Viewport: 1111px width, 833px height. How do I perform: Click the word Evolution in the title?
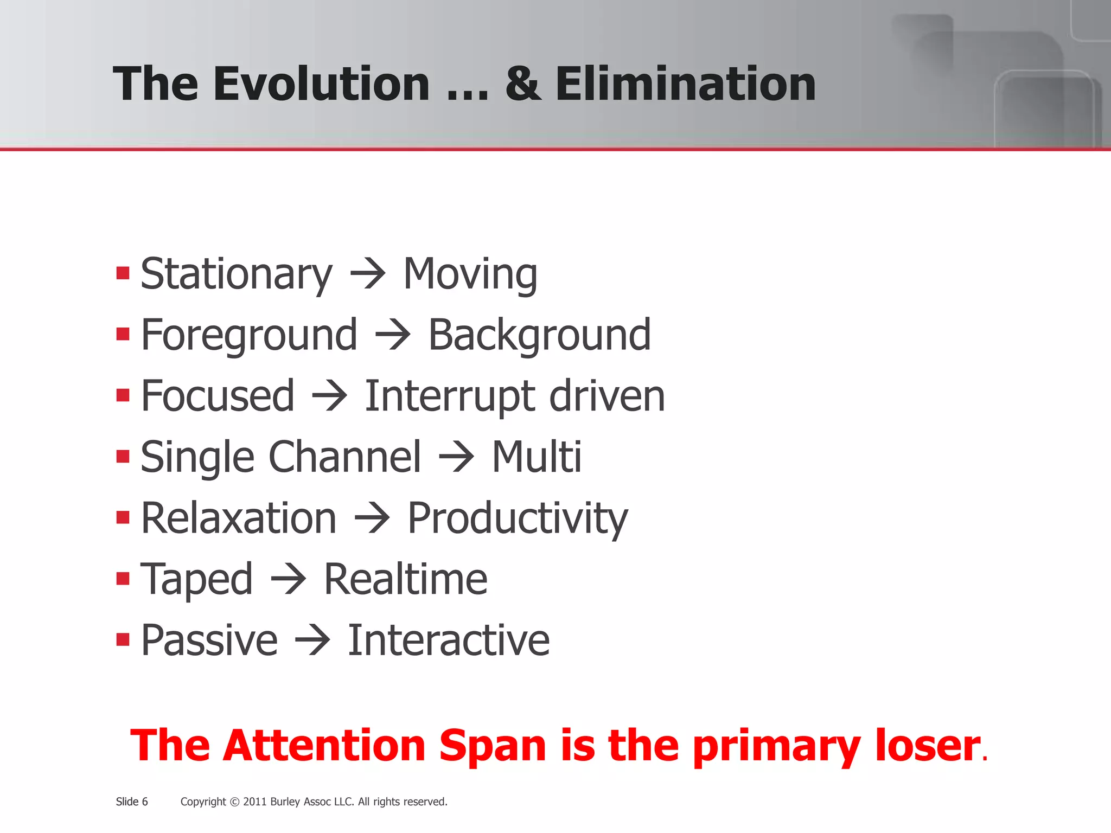(321, 84)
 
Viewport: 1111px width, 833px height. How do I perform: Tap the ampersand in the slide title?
(523, 84)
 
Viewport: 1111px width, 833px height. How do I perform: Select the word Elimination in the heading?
(685, 84)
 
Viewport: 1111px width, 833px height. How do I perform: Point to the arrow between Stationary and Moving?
(368, 274)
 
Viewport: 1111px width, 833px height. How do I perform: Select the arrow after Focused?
(329, 396)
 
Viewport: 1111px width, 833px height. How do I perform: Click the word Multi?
(536, 457)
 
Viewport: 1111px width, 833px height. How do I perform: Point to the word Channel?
(344, 457)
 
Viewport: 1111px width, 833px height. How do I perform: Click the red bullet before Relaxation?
(123, 517)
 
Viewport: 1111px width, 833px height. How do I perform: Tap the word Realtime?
(405, 579)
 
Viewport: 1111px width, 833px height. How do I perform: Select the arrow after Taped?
(288, 579)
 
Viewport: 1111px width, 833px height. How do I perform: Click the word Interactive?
(448, 640)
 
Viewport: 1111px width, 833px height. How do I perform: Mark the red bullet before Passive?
(123, 640)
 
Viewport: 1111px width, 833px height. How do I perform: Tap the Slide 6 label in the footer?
(132, 802)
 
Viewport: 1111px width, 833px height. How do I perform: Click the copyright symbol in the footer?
(234, 802)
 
